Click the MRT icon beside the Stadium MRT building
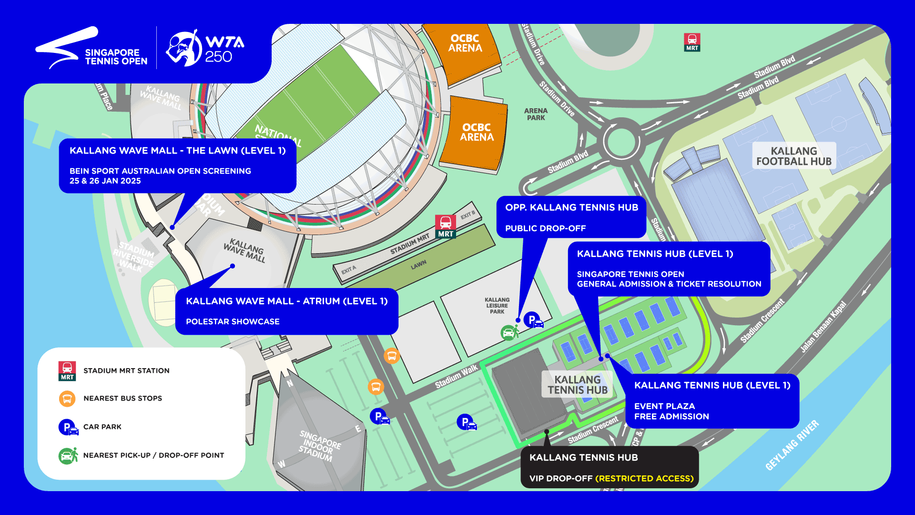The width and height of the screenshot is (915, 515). (x=446, y=226)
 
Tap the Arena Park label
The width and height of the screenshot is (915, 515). (x=536, y=114)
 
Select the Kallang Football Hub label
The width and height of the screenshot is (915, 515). (x=793, y=156)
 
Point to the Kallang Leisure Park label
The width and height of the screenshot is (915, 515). (x=497, y=306)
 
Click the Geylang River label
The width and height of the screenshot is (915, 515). (x=792, y=445)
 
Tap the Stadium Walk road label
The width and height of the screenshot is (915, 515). (x=456, y=377)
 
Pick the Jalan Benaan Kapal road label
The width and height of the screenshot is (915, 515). (x=823, y=327)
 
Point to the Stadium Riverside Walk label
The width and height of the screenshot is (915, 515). (x=134, y=257)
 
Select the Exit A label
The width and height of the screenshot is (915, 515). (x=348, y=270)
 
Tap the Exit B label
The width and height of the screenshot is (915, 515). (x=468, y=215)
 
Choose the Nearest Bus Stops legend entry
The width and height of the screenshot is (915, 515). (x=122, y=398)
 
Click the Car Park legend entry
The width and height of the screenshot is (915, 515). (x=102, y=427)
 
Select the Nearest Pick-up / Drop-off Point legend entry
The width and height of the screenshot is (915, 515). (x=153, y=455)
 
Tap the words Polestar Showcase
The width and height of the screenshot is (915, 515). (x=233, y=321)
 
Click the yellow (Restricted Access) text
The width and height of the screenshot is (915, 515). (x=644, y=478)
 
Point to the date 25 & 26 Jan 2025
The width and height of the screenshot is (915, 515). (x=105, y=181)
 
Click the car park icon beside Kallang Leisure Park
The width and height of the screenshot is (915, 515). (x=533, y=320)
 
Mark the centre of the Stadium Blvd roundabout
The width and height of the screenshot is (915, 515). (x=621, y=141)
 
